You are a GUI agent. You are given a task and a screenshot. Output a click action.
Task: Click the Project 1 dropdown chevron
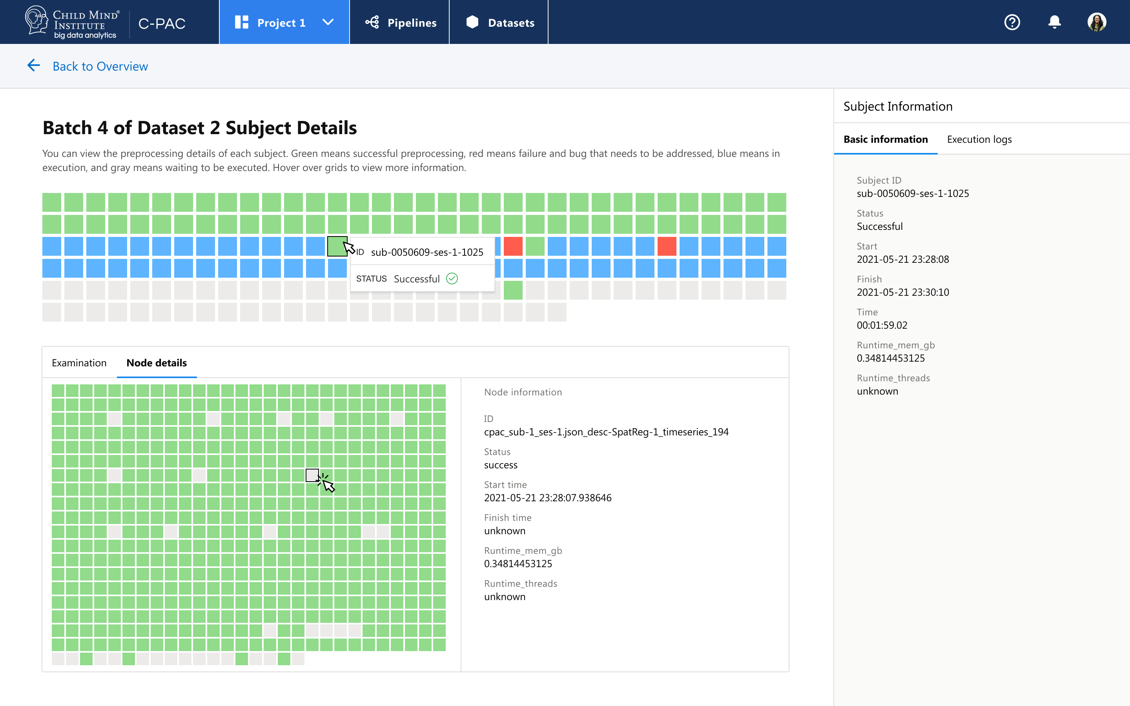pyautogui.click(x=328, y=22)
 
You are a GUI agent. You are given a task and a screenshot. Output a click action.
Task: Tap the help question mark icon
pyautogui.click(x=1012, y=22)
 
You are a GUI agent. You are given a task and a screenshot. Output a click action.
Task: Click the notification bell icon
pyautogui.click(x=1054, y=22)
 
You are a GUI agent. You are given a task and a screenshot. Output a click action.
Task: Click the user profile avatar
pyautogui.click(x=1096, y=22)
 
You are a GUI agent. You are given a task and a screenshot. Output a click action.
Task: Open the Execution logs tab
pyautogui.click(x=979, y=139)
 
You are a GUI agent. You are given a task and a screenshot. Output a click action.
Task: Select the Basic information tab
pyautogui.click(x=885, y=139)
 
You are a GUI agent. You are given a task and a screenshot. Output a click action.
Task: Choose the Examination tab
pyautogui.click(x=79, y=363)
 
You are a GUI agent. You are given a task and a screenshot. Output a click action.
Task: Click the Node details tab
pyautogui.click(x=157, y=363)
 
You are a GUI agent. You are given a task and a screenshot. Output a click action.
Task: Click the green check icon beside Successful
pyautogui.click(x=452, y=279)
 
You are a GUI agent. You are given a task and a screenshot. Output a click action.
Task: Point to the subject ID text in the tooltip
pyautogui.click(x=427, y=252)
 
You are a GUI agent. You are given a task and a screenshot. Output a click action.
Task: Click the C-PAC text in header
pyautogui.click(x=162, y=24)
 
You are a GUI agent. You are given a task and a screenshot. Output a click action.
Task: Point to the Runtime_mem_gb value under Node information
pyautogui.click(x=518, y=564)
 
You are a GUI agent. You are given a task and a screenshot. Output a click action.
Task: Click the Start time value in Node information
pyautogui.click(x=547, y=498)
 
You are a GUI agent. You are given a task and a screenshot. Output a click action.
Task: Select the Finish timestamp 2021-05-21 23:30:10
pyautogui.click(x=902, y=292)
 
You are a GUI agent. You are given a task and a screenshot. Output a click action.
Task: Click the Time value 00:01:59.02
pyautogui.click(x=882, y=325)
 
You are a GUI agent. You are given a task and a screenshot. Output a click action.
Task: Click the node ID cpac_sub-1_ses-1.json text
pyautogui.click(x=606, y=432)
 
